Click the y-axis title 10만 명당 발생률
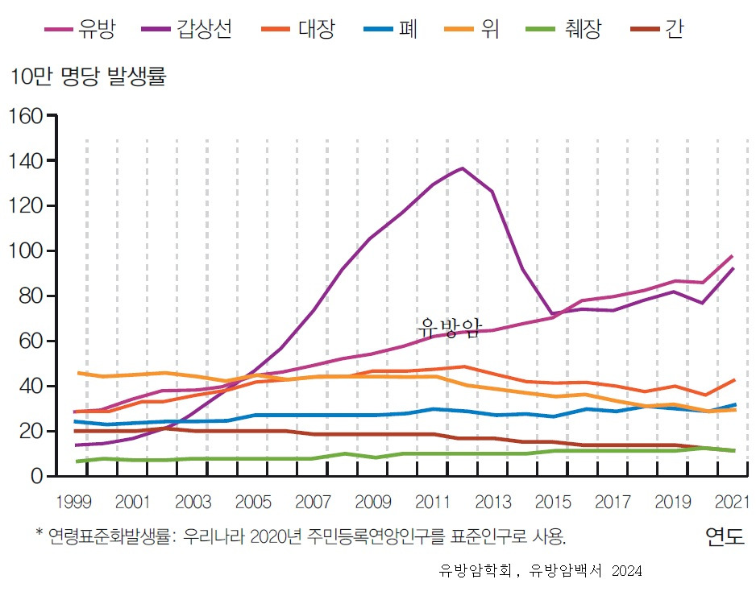[x=87, y=77]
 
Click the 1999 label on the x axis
[x=73, y=503]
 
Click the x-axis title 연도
[x=725, y=536]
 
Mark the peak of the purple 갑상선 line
[x=462, y=168]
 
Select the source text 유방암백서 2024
[x=586, y=571]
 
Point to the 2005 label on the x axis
[x=253, y=503]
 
